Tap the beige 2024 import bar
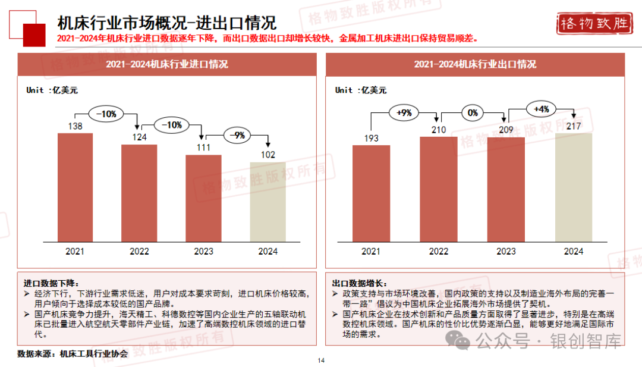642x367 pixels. [x=267, y=202]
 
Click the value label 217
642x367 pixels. [x=574, y=126]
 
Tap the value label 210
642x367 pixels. [x=439, y=130]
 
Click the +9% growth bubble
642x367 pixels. [x=404, y=112]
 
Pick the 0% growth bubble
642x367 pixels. [x=473, y=112]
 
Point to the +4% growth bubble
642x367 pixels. [x=541, y=109]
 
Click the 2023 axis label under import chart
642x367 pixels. [x=203, y=252]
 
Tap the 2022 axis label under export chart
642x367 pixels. [x=439, y=252]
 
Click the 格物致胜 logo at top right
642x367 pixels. [x=594, y=24]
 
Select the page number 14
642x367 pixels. [x=321, y=360]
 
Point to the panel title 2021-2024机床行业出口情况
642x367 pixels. [x=475, y=64]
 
